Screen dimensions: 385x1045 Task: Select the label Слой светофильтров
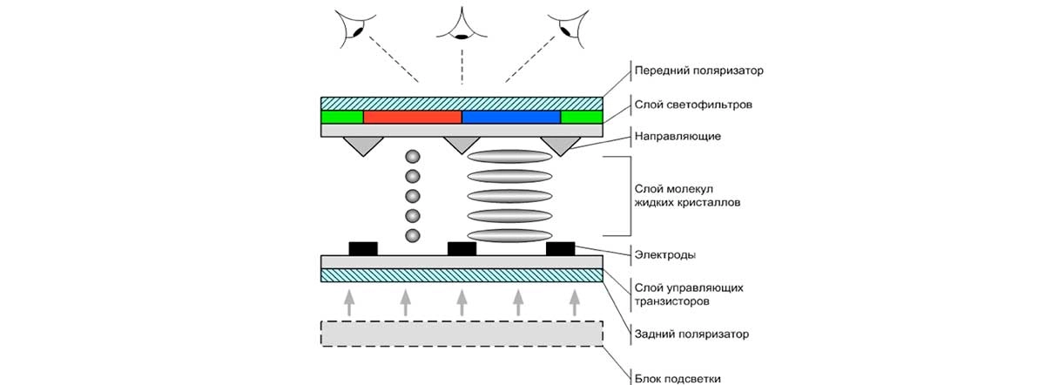click(x=693, y=105)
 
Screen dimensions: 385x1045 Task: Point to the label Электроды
click(x=666, y=254)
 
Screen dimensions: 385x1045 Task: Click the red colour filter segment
click(x=412, y=117)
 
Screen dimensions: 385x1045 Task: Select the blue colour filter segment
click(x=510, y=117)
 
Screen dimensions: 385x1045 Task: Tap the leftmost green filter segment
click(x=342, y=117)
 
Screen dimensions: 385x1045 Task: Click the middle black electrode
click(x=462, y=248)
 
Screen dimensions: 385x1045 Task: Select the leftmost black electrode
click(x=363, y=248)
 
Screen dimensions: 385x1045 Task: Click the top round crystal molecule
click(x=413, y=157)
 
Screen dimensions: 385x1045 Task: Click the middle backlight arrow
click(x=462, y=302)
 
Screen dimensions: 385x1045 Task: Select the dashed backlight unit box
click(x=462, y=334)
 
